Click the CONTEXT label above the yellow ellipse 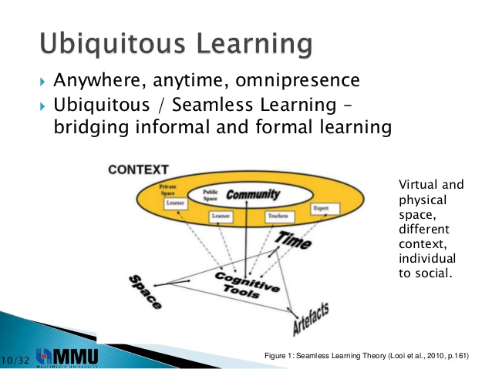tap(138, 169)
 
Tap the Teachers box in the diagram tap(276, 217)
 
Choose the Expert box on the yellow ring tap(321, 209)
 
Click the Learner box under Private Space tap(174, 204)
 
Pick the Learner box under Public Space tap(221, 217)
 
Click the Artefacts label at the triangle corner tap(312, 318)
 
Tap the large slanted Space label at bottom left tap(144, 292)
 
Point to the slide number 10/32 tap(16, 360)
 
